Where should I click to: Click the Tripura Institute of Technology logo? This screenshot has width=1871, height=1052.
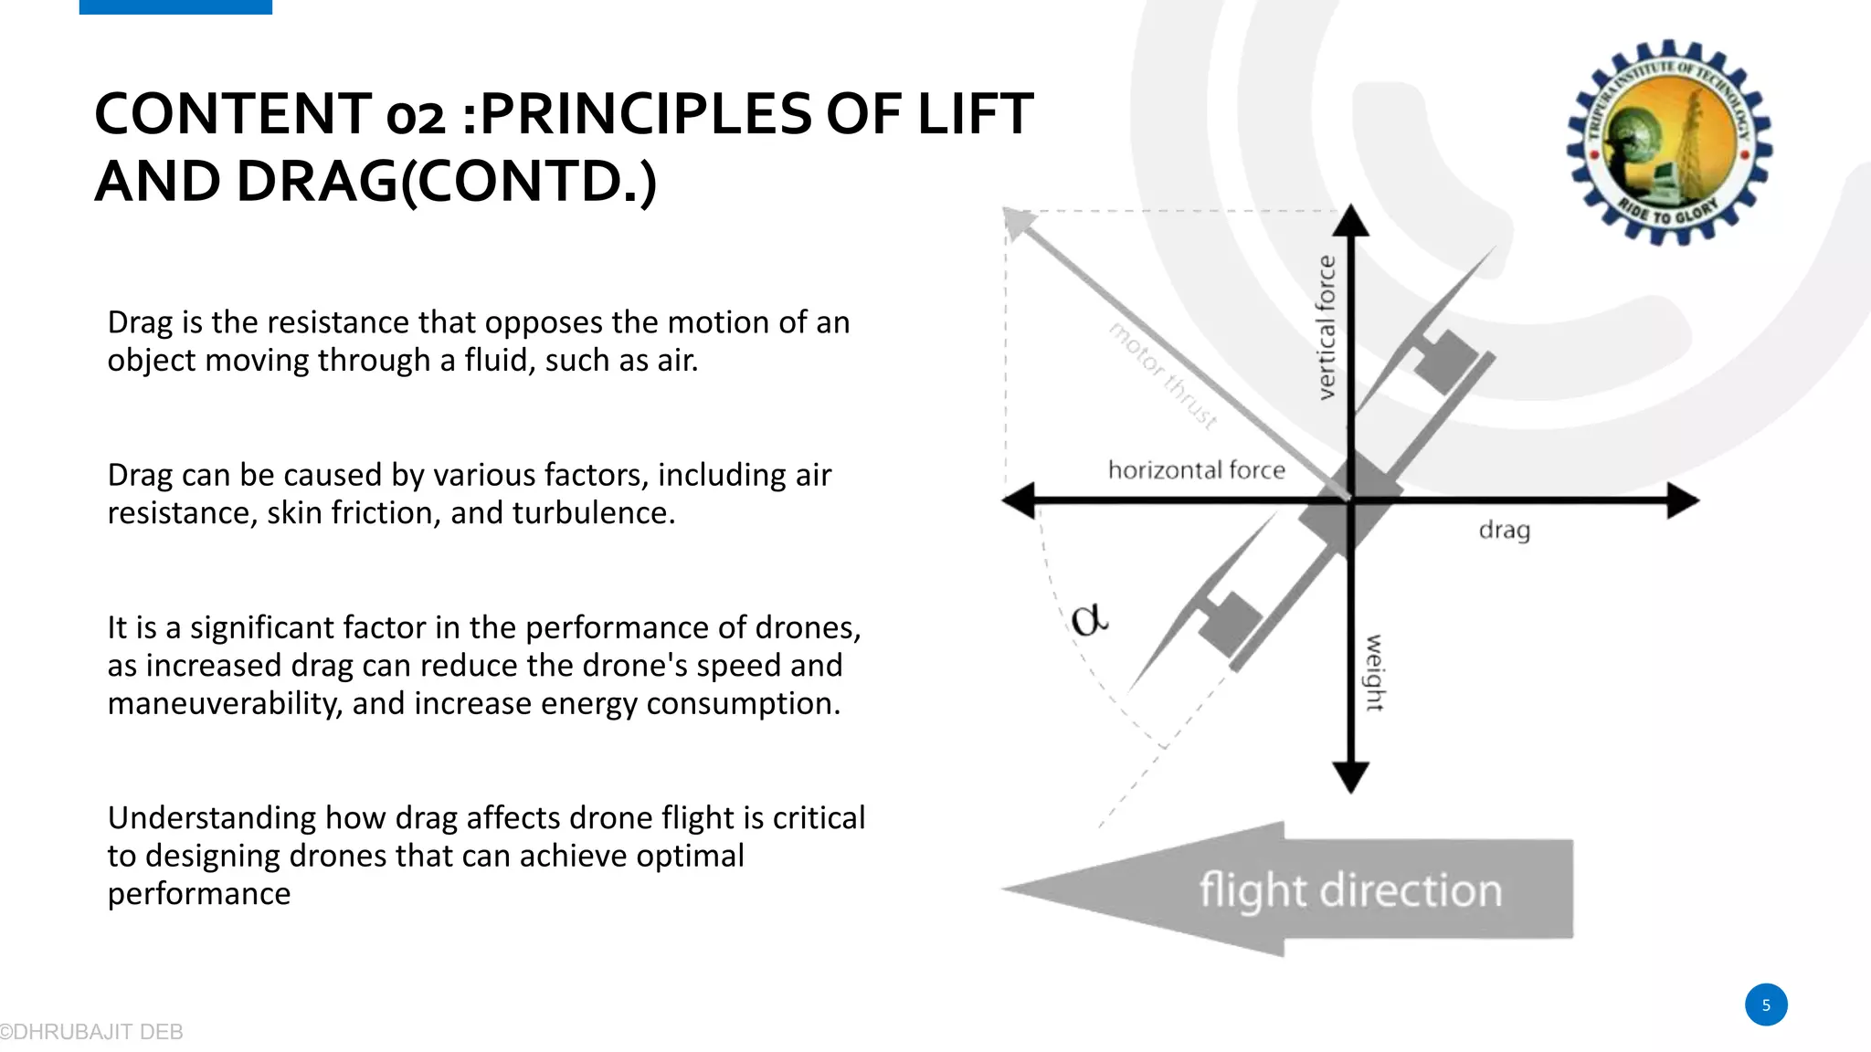coord(1669,142)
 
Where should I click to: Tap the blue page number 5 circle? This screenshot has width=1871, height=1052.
coord(1766,1005)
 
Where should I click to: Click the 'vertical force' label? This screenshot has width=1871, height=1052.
coord(1327,327)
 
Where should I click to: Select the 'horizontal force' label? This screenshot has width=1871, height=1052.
coord(1196,470)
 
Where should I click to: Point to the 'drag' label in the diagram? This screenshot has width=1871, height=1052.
coord(1504,531)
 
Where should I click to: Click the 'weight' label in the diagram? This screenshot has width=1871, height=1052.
coord(1374,672)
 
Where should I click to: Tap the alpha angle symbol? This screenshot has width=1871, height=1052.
coord(1089,620)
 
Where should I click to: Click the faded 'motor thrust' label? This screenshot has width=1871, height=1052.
coord(1163,375)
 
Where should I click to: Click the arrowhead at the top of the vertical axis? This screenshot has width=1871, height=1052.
coord(1351,221)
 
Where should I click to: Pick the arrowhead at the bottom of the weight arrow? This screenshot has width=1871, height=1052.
coord(1351,778)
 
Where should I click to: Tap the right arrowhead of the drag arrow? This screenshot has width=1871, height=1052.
coord(1683,500)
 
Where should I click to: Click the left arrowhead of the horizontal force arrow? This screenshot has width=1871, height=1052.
coord(1018,500)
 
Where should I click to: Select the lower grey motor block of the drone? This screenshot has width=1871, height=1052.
coord(1229,623)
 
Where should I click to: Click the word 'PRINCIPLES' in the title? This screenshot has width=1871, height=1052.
coord(645,114)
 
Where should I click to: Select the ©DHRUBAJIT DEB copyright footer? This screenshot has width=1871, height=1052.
coord(91,1032)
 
